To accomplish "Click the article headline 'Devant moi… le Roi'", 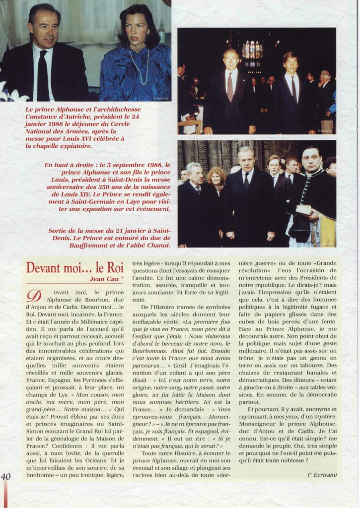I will (74, 268).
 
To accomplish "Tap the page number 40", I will (6, 477).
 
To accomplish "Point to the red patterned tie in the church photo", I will (230, 86).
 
